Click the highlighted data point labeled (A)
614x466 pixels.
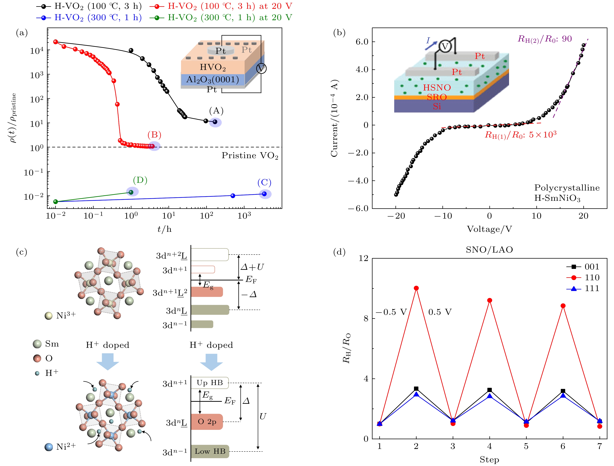click(215, 122)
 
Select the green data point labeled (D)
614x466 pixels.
click(131, 192)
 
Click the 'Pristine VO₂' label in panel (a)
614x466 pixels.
click(250, 155)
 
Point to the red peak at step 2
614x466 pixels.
click(416, 288)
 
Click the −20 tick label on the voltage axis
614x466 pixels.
click(396, 216)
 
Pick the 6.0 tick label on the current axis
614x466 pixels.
click(362, 42)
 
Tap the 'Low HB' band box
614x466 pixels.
click(210, 451)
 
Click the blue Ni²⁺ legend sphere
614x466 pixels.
click(49, 447)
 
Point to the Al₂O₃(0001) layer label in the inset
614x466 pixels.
click(213, 80)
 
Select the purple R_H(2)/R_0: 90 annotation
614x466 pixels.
click(545, 39)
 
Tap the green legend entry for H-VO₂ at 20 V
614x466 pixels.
click(221, 17)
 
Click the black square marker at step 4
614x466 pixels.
click(489, 390)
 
